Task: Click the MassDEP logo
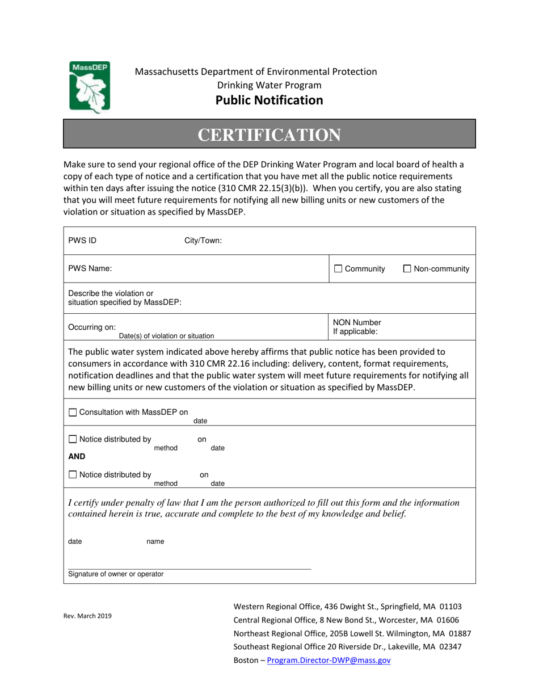click(90, 86)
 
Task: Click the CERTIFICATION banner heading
click(269, 134)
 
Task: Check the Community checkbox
click(338, 269)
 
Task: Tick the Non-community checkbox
click(407, 269)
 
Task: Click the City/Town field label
click(203, 240)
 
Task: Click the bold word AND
click(77, 456)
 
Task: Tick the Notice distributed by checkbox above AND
click(72, 439)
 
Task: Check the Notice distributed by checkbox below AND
click(72, 475)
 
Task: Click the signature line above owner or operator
click(190, 568)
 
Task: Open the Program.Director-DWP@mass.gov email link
click(329, 661)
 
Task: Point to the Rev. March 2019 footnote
click(87, 616)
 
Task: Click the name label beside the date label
click(155, 541)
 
